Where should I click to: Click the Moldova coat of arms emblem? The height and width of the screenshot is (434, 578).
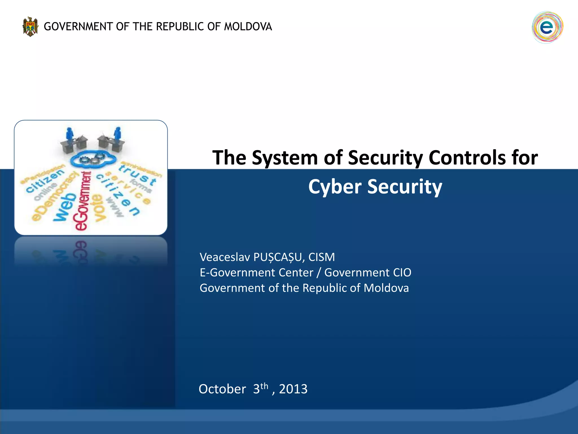click(x=30, y=27)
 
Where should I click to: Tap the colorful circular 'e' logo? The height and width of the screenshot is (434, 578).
click(x=547, y=27)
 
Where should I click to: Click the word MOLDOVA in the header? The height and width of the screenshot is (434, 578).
click(x=248, y=27)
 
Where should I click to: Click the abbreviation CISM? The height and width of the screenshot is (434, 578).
click(x=321, y=257)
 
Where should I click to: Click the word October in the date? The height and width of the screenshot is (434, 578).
click(x=222, y=389)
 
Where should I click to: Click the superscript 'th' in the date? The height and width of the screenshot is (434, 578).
click(x=264, y=386)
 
